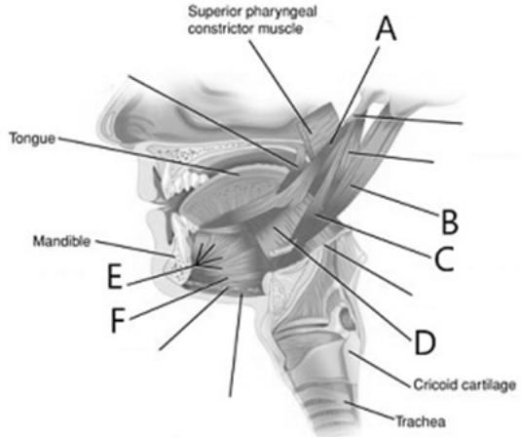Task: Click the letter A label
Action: [x=386, y=29]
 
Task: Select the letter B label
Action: [x=450, y=221]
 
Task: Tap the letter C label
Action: [x=444, y=258]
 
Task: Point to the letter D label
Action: [x=425, y=342]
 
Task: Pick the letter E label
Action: [x=115, y=276]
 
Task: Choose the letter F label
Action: [x=117, y=321]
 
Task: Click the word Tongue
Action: [x=32, y=139]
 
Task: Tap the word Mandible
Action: [x=61, y=241]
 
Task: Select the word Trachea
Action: [x=421, y=421]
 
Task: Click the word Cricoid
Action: [x=436, y=384]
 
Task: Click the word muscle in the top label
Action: [x=280, y=28]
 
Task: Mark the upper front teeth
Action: [x=178, y=179]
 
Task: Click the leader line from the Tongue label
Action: [x=149, y=156]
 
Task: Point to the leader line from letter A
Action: [x=354, y=96]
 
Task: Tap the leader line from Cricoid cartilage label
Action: [x=380, y=369]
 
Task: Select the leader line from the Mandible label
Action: [x=135, y=249]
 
